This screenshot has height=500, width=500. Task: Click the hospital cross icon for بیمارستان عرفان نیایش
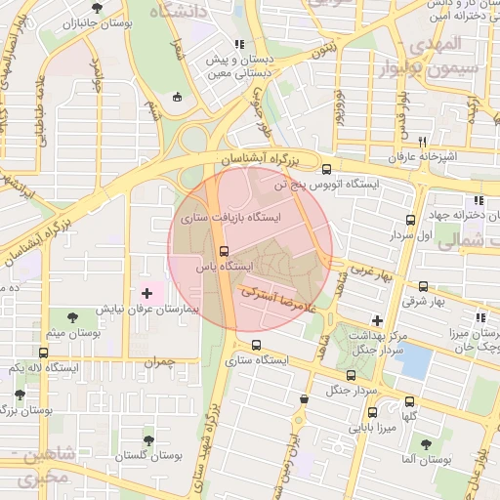147,293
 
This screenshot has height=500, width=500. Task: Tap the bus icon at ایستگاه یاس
225,251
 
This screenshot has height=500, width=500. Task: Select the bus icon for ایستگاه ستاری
257,345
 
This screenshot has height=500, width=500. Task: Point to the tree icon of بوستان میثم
73,316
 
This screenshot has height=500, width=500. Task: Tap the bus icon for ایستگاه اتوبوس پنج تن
326,168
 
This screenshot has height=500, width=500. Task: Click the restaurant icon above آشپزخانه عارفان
423,142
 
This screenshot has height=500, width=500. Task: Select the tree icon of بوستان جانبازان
95,9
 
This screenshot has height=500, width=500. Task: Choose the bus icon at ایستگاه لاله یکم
43,352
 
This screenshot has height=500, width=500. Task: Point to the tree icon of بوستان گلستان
148,440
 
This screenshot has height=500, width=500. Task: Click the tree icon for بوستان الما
424,443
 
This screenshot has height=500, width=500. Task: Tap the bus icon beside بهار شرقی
423,286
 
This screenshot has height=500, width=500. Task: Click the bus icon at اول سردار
410,220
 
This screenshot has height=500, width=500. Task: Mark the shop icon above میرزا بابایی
305,398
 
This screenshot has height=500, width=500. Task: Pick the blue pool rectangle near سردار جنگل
415,362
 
